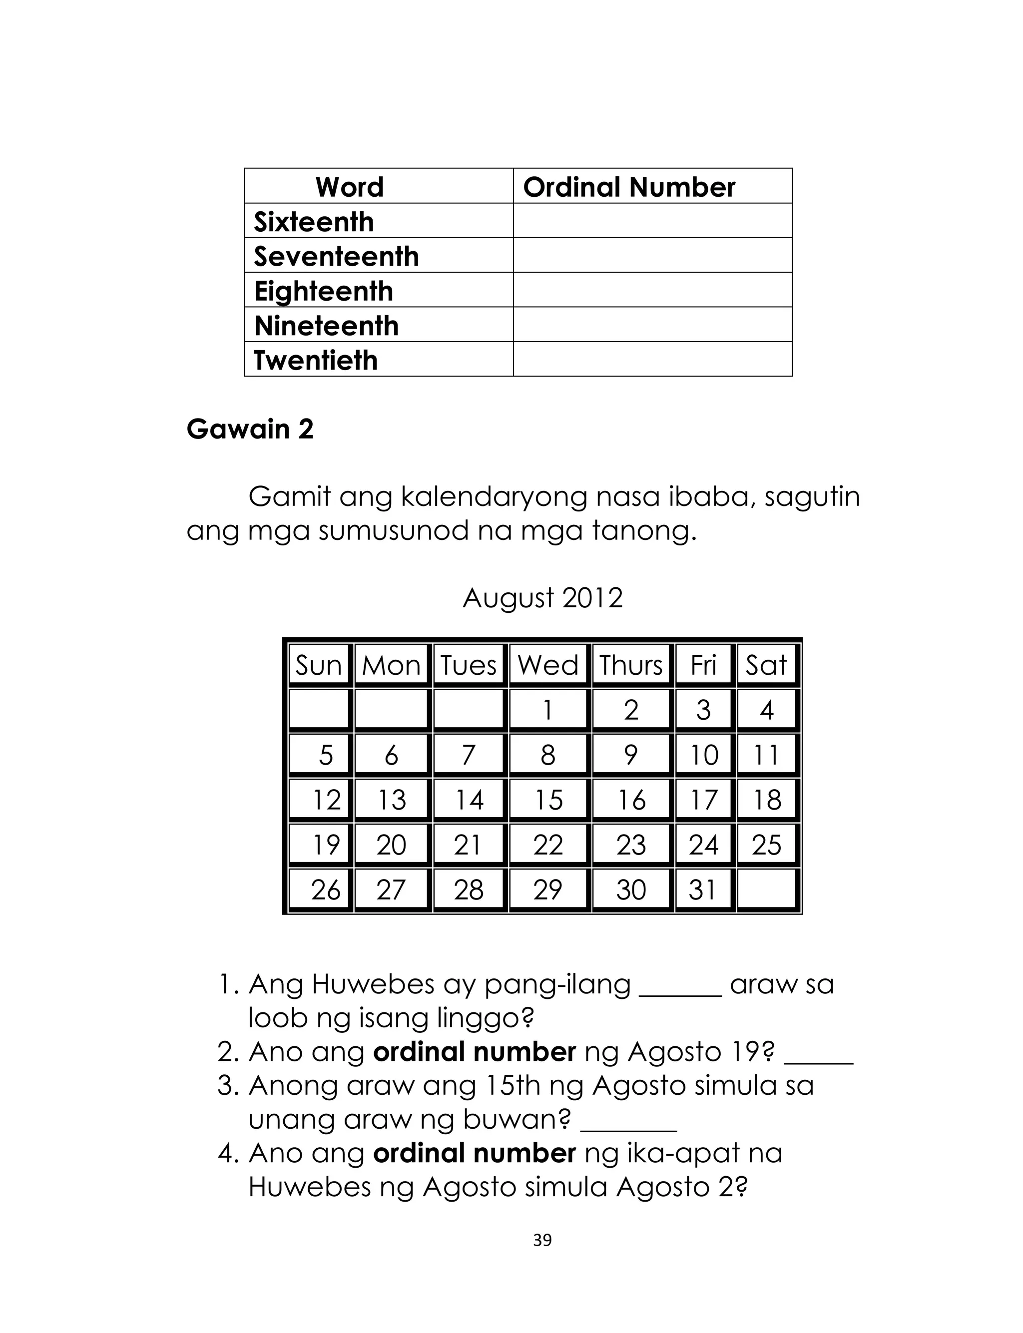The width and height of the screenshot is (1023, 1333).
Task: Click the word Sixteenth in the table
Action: click(x=314, y=222)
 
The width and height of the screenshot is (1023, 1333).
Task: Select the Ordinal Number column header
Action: click(x=629, y=187)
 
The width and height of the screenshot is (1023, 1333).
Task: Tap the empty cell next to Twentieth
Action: click(x=652, y=359)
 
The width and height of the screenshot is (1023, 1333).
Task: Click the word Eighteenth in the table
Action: click(x=323, y=291)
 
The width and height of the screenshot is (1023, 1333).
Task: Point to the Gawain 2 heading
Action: click(x=250, y=429)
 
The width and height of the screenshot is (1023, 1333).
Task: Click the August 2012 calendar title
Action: click(x=542, y=598)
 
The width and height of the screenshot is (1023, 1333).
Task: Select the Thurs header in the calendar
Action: click(x=631, y=665)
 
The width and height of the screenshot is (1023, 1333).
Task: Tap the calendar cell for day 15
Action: click(x=548, y=800)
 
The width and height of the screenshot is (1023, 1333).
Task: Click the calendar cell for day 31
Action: click(x=703, y=890)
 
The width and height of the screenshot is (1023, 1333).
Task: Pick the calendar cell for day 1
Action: click(x=548, y=710)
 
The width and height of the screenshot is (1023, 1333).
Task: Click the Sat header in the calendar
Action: click(x=766, y=665)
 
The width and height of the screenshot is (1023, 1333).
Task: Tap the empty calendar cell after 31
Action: click(x=767, y=889)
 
